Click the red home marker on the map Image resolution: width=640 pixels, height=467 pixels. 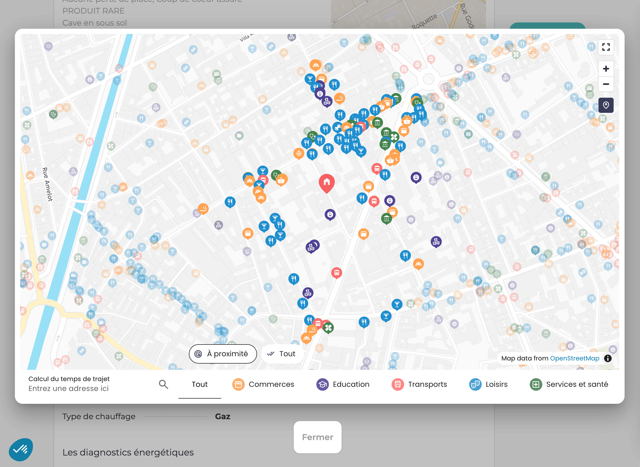(327, 182)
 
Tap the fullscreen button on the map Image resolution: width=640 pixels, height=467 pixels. (606, 47)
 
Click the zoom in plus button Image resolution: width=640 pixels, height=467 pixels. (606, 69)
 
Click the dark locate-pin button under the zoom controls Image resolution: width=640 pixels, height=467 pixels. (606, 105)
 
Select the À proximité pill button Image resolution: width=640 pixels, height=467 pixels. (223, 354)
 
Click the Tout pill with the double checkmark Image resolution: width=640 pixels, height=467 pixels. (282, 354)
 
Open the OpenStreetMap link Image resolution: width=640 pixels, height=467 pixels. (574, 358)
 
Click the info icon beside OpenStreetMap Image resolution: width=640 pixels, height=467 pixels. (608, 358)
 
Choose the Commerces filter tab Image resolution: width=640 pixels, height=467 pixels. (263, 384)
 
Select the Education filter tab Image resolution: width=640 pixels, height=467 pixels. (343, 384)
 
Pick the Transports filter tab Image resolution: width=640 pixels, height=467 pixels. (419, 384)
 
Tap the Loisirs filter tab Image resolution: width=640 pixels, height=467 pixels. (488, 384)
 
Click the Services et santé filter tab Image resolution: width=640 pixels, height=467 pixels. (569, 384)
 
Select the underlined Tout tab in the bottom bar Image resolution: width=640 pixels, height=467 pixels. (200, 384)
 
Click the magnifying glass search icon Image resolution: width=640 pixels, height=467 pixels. (163, 384)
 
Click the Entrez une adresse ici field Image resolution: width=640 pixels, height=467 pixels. (69, 388)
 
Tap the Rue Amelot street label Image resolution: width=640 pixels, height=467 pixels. (47, 184)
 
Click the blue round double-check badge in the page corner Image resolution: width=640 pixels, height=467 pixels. (21, 449)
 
